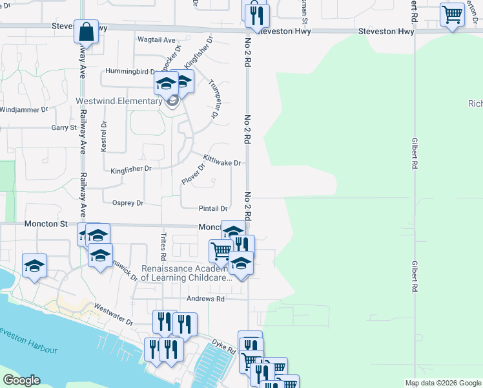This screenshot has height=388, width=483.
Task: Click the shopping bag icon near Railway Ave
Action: (x=86, y=31)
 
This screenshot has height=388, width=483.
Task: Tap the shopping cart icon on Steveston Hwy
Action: (x=453, y=14)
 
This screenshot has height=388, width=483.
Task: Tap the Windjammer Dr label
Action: (x=24, y=110)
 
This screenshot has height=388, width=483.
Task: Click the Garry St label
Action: (x=64, y=128)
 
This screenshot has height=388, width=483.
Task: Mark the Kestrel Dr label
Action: (x=103, y=136)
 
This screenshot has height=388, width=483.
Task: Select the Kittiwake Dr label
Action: (x=221, y=160)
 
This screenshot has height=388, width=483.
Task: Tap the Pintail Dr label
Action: (x=213, y=208)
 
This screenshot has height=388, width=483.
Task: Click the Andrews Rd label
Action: (x=205, y=299)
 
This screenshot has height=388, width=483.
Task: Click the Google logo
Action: (x=21, y=380)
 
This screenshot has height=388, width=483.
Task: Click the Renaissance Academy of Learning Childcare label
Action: (x=187, y=272)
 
